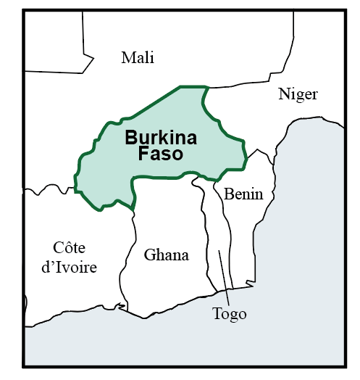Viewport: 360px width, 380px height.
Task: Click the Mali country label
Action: pos(138,58)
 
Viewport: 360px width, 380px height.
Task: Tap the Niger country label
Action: pos(298,95)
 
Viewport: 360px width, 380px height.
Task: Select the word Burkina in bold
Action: pos(161,138)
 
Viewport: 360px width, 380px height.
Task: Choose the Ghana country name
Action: pos(166,255)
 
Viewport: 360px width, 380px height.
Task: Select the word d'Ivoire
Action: pos(70,267)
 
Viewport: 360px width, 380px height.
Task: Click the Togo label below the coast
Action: pos(229,314)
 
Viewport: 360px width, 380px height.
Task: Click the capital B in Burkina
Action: pos(131,138)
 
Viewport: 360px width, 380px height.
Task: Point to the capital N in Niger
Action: pos(284,95)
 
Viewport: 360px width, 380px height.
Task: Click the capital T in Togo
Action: pos(217,314)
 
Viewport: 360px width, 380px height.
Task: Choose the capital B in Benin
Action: pos(229,194)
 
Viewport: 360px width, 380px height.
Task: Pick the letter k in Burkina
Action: pos(164,138)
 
